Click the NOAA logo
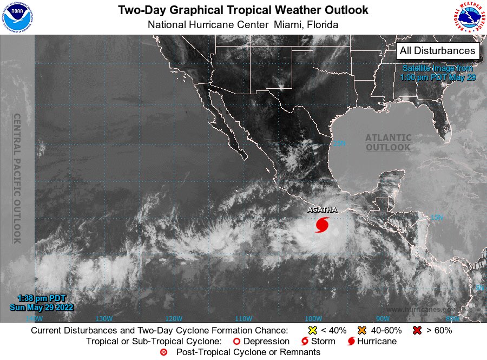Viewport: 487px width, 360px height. (x=17, y=16)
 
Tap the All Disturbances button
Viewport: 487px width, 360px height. (x=438, y=51)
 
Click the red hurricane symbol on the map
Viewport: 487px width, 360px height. (x=322, y=224)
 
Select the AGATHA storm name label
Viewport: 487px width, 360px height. (x=323, y=209)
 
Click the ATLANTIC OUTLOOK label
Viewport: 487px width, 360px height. (x=388, y=143)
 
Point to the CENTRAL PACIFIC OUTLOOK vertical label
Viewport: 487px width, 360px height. (x=17, y=179)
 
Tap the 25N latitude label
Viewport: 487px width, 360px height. (x=339, y=143)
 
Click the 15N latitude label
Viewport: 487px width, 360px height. (x=437, y=218)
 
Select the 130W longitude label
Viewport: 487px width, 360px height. (x=103, y=318)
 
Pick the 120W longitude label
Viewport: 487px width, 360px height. (x=174, y=318)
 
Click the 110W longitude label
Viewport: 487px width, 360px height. (x=243, y=318)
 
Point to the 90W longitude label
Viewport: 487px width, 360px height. (x=383, y=318)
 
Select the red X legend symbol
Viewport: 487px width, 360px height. (x=417, y=330)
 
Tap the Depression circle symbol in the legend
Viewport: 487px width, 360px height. (x=236, y=342)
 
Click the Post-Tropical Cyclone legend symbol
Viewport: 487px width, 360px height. (x=163, y=352)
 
